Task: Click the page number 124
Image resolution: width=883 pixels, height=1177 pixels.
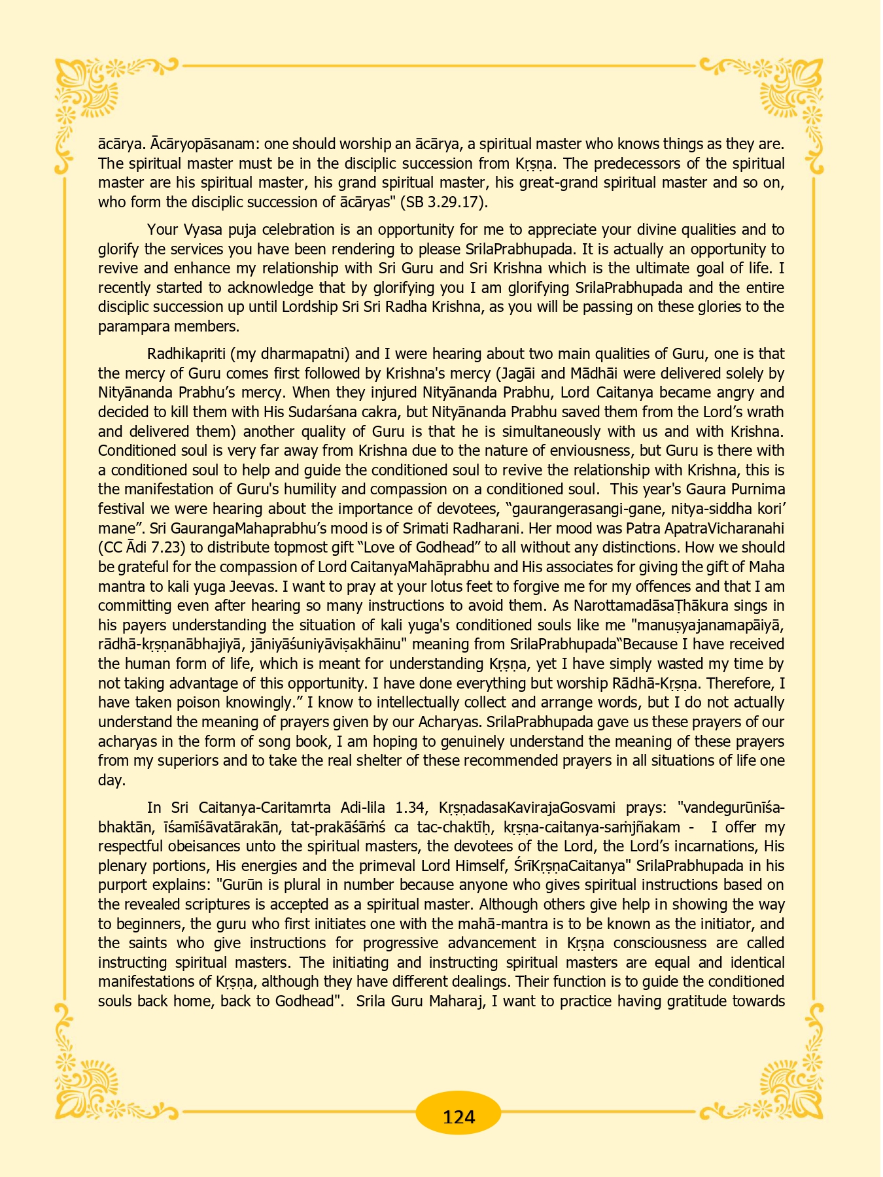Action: (x=459, y=1116)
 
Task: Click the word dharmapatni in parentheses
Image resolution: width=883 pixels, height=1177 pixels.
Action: (x=303, y=354)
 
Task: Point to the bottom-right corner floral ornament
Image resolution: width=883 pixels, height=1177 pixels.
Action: (x=795, y=1079)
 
